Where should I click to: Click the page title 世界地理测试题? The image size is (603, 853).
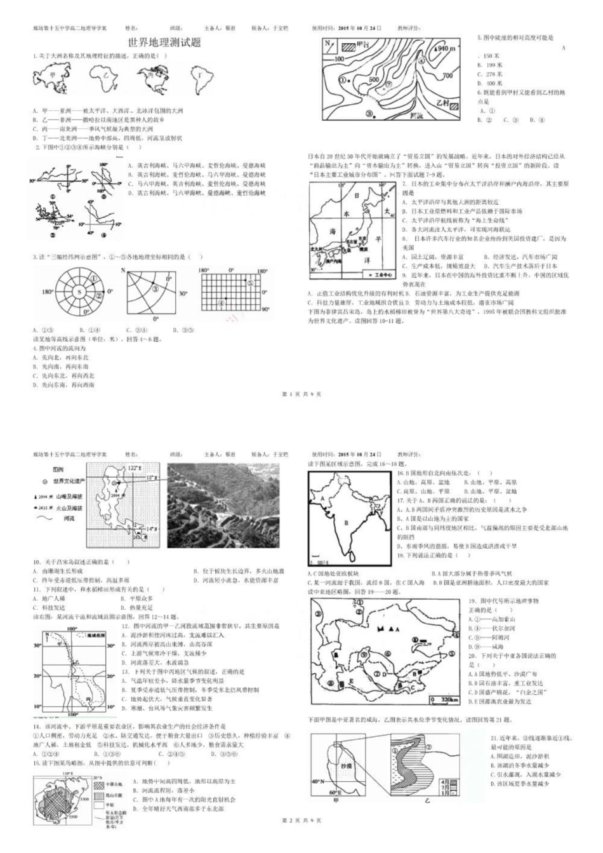click(x=164, y=43)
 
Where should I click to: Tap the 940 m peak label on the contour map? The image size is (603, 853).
click(x=446, y=48)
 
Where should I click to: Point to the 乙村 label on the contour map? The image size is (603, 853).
click(x=437, y=102)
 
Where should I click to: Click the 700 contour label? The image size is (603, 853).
click(x=447, y=76)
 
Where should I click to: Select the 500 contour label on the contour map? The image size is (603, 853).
click(x=374, y=80)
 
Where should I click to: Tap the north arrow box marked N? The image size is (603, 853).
click(x=329, y=44)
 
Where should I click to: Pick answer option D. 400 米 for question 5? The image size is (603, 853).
click(x=490, y=83)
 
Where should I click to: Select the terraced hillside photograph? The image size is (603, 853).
click(x=223, y=506)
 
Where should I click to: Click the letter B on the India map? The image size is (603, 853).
click(x=346, y=522)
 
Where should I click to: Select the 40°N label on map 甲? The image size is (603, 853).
click(x=320, y=781)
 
